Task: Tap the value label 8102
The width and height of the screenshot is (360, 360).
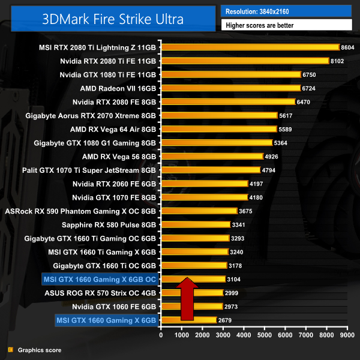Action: [x=339, y=61]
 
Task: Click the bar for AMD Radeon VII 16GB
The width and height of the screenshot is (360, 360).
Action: [x=230, y=88]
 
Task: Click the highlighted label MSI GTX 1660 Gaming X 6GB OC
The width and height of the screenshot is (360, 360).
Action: [x=99, y=279]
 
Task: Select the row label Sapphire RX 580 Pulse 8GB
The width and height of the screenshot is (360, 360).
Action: [x=109, y=224]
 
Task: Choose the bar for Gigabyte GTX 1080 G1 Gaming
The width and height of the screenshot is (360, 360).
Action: [x=217, y=142]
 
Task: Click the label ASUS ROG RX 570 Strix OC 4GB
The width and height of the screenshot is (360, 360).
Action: [x=100, y=293]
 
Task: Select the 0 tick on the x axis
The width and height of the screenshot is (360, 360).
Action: [x=161, y=336]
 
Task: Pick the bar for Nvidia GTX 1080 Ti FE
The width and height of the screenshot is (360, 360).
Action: [x=230, y=74]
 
